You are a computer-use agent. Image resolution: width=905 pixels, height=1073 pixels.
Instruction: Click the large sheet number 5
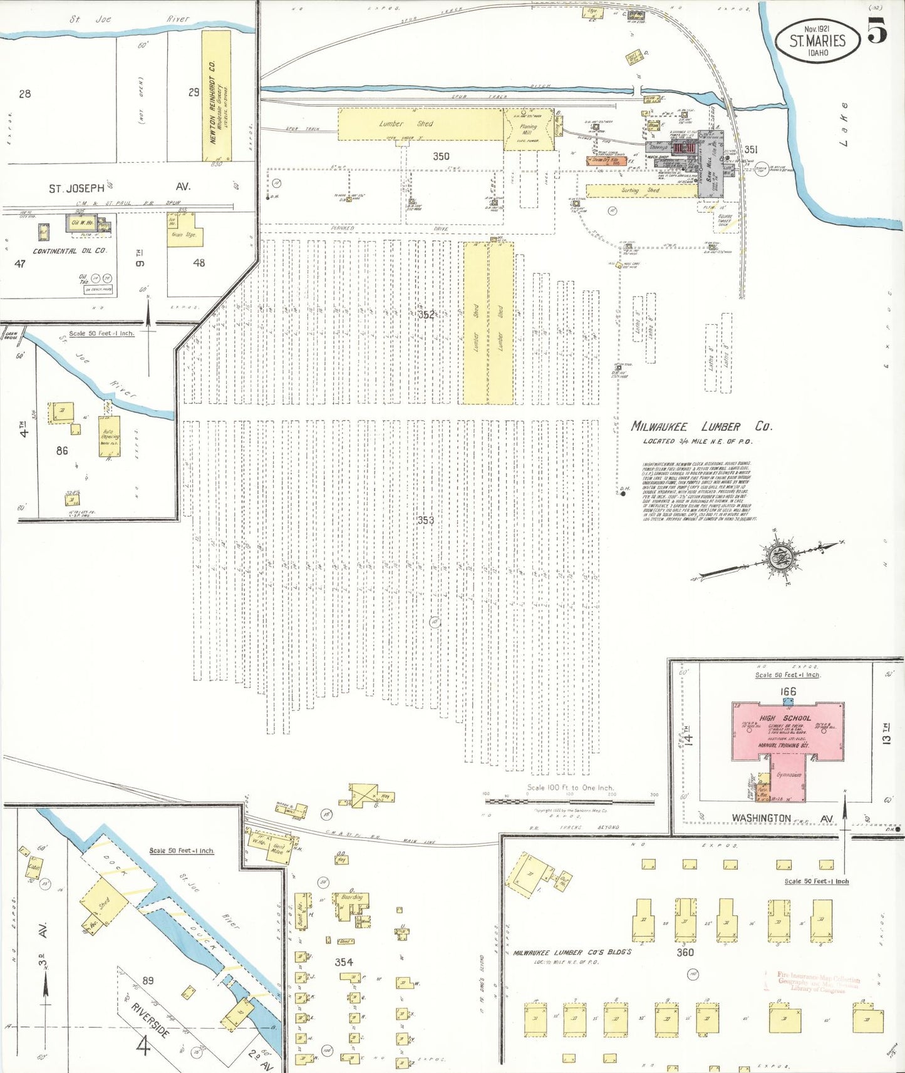(x=877, y=31)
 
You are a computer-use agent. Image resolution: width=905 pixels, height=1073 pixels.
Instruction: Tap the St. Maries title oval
(x=817, y=41)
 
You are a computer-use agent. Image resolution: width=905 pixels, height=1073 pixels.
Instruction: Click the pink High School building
(x=787, y=729)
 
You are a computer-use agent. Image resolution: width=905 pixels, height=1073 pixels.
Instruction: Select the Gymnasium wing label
(x=789, y=775)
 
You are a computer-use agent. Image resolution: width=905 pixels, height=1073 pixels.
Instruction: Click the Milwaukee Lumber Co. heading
(x=701, y=427)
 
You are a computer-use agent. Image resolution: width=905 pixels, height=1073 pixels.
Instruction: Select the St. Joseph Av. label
(x=119, y=187)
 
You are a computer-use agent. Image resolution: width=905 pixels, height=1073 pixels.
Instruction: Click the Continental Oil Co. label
(x=70, y=251)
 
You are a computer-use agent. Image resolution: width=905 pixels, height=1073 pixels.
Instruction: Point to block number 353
(x=425, y=520)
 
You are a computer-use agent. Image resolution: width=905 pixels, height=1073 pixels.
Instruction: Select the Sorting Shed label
(x=640, y=190)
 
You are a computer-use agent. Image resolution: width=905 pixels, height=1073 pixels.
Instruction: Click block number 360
(x=685, y=952)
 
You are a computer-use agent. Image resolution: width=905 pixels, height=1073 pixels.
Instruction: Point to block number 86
(x=62, y=450)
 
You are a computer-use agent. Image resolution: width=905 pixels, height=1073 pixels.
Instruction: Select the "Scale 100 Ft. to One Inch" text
(x=570, y=788)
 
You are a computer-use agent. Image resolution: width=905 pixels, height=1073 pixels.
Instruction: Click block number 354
(x=344, y=962)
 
